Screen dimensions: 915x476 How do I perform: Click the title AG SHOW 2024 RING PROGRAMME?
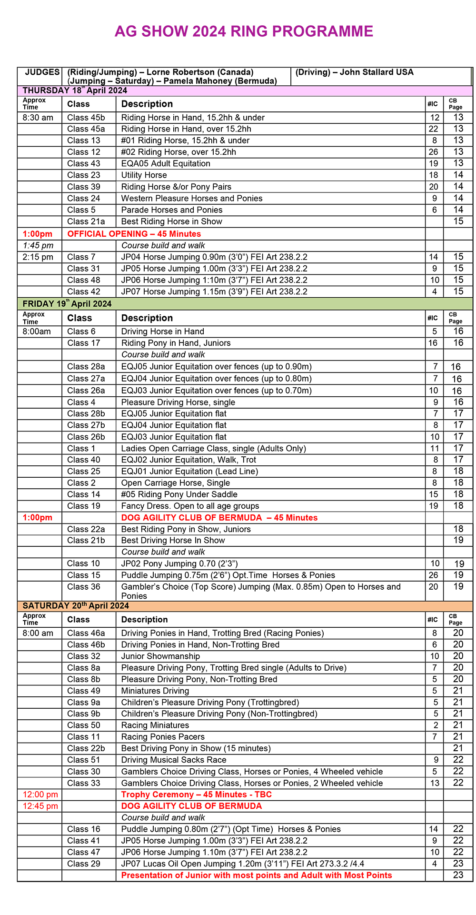(244, 31)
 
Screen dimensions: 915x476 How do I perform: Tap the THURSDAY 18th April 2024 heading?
(75, 90)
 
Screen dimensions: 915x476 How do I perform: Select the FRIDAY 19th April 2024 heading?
(67, 304)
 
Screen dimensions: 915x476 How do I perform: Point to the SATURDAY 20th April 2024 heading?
(76, 606)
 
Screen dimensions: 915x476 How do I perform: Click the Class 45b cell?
(86, 118)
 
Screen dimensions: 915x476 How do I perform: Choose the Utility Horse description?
(144, 175)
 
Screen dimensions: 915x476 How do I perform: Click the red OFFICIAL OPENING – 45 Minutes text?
(134, 234)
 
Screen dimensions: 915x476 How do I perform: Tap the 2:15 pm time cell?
(38, 257)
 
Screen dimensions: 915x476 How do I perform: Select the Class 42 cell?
(84, 292)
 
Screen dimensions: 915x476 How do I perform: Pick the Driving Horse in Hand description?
(162, 332)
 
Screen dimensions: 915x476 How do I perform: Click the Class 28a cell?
(86, 367)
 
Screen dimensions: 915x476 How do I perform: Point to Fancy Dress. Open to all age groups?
(190, 506)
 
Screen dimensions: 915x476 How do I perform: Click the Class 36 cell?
(84, 587)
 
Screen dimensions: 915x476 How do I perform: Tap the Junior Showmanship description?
(160, 656)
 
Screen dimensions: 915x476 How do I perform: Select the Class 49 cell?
(84, 691)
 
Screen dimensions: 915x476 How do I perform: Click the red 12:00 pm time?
(40, 794)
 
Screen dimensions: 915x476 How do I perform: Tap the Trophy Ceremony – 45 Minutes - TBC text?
(196, 794)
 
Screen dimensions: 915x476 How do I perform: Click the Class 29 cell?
(84, 864)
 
